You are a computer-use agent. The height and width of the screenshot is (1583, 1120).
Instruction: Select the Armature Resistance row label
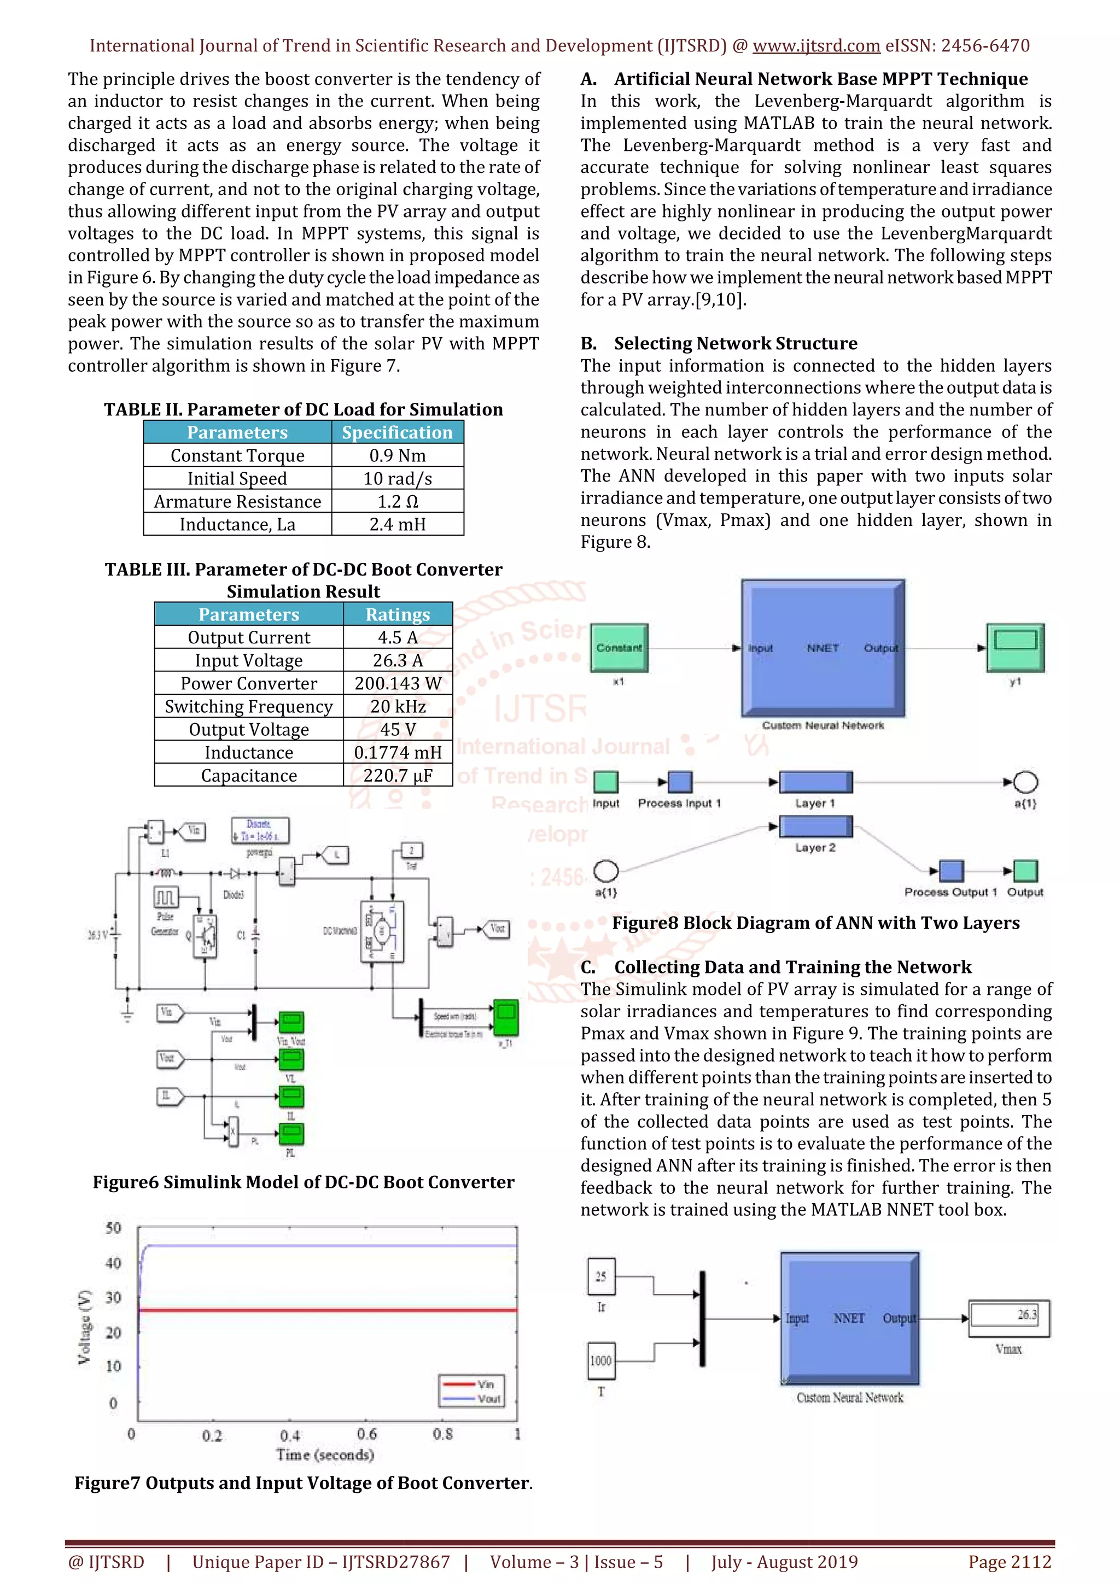237,501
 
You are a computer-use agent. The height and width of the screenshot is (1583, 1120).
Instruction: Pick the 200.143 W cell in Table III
398,683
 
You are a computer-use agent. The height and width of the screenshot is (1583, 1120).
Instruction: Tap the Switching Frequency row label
248,707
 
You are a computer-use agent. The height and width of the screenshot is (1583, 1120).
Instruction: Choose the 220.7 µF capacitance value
398,776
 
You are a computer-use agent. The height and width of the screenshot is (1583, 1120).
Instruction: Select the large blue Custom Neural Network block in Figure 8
822,648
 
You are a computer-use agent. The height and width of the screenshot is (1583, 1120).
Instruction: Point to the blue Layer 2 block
815,826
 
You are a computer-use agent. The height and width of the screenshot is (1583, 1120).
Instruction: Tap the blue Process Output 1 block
952,871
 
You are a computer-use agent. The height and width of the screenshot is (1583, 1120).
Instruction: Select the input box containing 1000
600,1361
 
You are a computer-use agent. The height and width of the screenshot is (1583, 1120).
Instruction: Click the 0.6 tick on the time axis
367,1434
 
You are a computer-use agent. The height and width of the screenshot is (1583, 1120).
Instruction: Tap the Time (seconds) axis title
325,1455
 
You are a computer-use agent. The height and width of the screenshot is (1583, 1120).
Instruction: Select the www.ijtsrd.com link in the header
816,45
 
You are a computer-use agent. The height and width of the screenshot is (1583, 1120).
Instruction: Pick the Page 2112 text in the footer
1010,1562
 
